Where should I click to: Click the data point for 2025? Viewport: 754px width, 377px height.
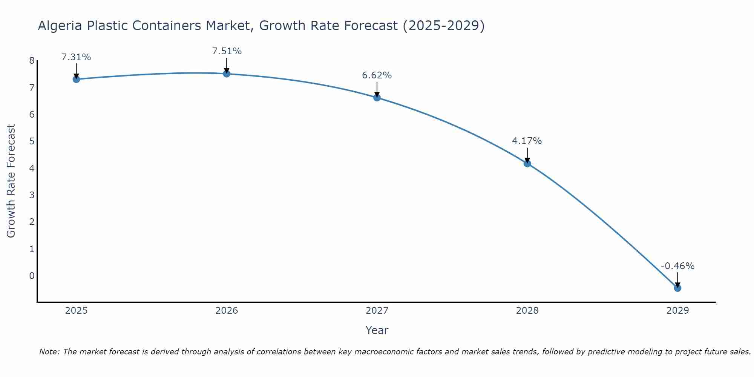click(x=76, y=79)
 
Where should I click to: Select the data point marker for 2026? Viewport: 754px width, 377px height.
click(x=227, y=74)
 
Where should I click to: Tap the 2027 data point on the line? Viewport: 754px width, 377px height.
click(x=377, y=98)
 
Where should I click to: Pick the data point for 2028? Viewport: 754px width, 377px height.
click(x=527, y=163)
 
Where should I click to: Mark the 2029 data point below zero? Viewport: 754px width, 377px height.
click(x=677, y=288)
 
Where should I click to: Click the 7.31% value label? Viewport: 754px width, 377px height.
click(x=76, y=57)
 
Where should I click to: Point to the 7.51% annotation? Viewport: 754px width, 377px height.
click(x=227, y=51)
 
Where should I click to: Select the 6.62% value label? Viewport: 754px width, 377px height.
click(x=377, y=75)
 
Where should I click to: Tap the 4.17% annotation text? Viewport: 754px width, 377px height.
click(x=527, y=141)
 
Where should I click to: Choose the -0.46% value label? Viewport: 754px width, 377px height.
click(x=677, y=266)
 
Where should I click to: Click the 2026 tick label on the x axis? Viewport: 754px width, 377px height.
click(x=227, y=311)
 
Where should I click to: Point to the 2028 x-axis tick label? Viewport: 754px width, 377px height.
click(x=527, y=311)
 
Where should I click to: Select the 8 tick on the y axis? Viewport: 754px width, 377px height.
click(x=32, y=61)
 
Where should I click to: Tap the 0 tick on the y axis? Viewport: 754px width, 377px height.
click(x=32, y=276)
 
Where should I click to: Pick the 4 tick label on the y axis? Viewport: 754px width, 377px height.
click(x=32, y=168)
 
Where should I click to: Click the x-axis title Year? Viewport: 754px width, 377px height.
click(x=377, y=330)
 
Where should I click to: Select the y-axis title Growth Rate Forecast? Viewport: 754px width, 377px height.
click(x=11, y=181)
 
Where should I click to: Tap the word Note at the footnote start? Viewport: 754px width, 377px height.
click(x=49, y=352)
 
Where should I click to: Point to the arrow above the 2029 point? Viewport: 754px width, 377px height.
click(x=677, y=280)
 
